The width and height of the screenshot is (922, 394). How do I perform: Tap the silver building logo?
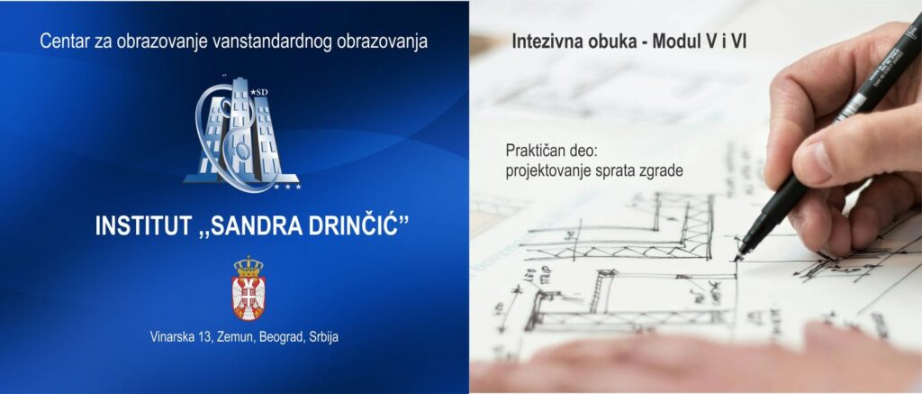[x=242, y=133]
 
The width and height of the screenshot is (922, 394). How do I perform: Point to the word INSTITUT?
[x=143, y=226]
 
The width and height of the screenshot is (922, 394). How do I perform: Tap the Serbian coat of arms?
[x=248, y=288]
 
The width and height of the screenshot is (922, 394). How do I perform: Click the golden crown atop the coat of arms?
[x=249, y=266]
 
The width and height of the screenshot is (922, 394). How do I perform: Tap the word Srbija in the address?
[x=323, y=338]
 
